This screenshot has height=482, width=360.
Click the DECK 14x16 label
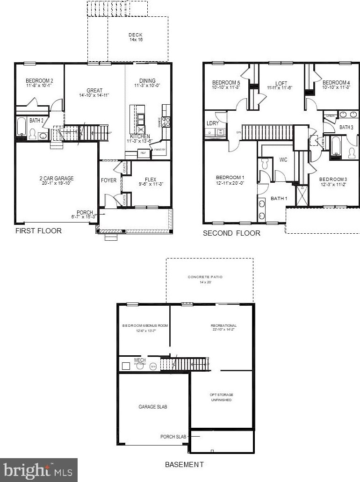pyautogui.click(x=136, y=37)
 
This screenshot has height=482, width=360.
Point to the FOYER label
pyautogui.click(x=108, y=180)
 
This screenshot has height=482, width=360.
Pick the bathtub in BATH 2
pyautogui.click(x=22, y=127)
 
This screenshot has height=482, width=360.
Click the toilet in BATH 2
pyautogui.click(x=33, y=134)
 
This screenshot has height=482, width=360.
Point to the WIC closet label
pyautogui.click(x=283, y=160)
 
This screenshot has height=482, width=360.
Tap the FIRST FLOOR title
pyautogui.click(x=38, y=231)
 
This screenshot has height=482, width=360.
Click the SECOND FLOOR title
pyautogui.click(x=231, y=233)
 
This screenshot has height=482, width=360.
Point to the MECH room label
pyautogui.click(x=140, y=360)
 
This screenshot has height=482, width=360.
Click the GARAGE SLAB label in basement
pyautogui.click(x=152, y=407)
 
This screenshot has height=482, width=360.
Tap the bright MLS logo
pyautogui.click(x=38, y=469)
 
